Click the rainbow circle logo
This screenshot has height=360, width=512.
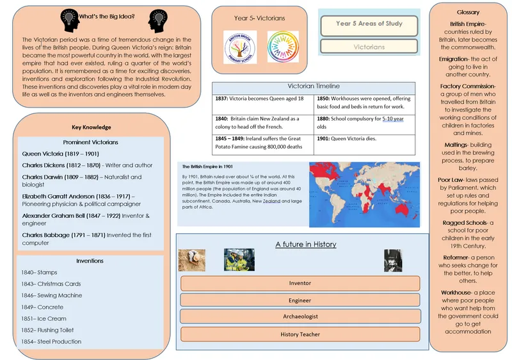tap(282, 47)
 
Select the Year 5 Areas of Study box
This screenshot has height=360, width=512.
tap(369, 24)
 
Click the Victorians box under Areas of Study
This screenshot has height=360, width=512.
tap(369, 47)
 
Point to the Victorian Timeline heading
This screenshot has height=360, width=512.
tap(314, 86)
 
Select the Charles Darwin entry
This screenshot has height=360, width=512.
tap(82, 181)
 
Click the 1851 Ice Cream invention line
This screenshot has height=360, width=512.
tap(44, 318)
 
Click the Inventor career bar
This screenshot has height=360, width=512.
tap(300, 283)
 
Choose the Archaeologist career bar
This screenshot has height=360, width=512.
tap(300, 316)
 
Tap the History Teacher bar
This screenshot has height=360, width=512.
tap(300, 334)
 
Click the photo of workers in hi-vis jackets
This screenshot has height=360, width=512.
tap(239, 259)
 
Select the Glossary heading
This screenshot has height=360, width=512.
tap(468, 13)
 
